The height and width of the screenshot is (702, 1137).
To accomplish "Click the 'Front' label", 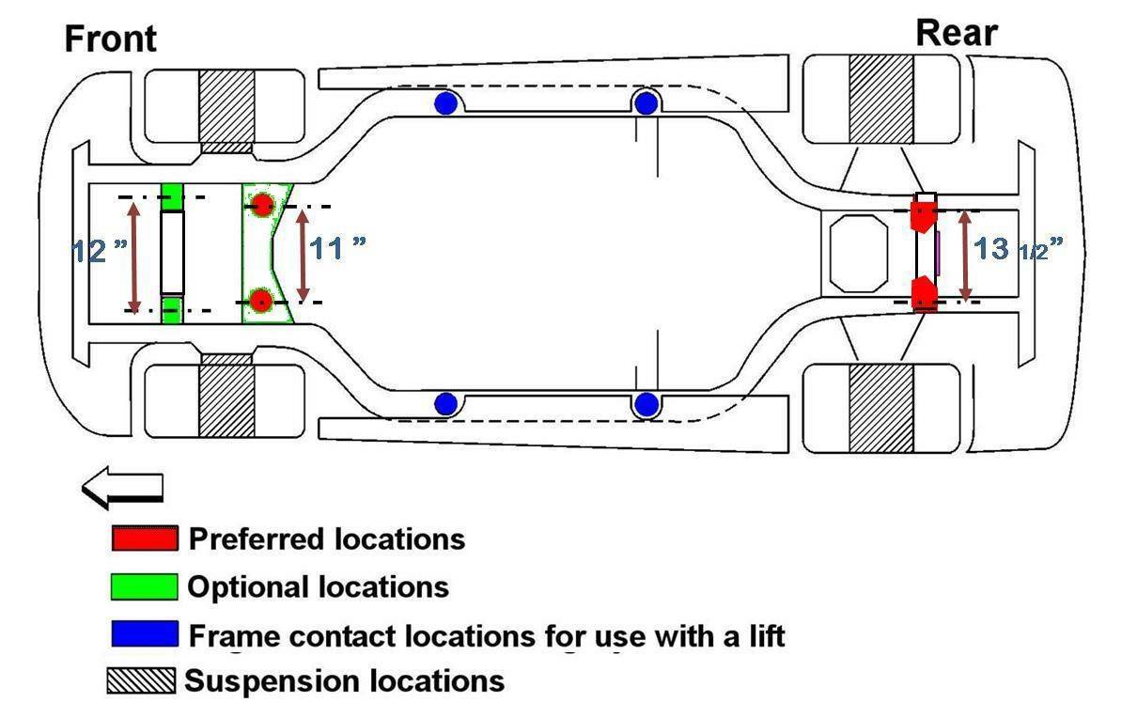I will pyautogui.click(x=110, y=39).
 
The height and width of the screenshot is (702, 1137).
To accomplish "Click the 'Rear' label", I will pyautogui.click(x=956, y=33).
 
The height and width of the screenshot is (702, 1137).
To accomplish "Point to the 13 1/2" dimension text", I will pyautogui.click(x=1019, y=249).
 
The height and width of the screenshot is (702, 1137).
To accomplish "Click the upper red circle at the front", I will pyautogui.click(x=261, y=204).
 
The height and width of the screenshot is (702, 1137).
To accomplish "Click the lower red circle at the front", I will pyautogui.click(x=261, y=301).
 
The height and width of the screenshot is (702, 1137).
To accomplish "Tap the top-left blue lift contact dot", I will pyautogui.click(x=445, y=103).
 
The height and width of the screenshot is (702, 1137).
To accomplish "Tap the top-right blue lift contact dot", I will pyautogui.click(x=646, y=103).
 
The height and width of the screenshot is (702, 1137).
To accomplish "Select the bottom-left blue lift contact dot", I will pyautogui.click(x=445, y=404).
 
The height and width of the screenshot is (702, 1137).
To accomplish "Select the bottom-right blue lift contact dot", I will pyautogui.click(x=646, y=405).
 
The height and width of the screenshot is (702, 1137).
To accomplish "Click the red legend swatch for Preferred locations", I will pyautogui.click(x=144, y=538).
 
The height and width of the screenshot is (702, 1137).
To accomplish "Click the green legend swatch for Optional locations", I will pyautogui.click(x=144, y=586).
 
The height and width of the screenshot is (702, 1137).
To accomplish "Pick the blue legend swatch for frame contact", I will pyautogui.click(x=144, y=633).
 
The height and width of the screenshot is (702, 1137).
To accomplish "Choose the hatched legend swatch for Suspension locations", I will pyautogui.click(x=141, y=680).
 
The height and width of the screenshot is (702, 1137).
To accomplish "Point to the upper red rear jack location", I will pyautogui.click(x=924, y=214).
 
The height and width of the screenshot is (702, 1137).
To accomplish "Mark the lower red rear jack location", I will pyautogui.click(x=925, y=292).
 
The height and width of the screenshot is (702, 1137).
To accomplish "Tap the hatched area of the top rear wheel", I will pyautogui.click(x=881, y=99).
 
